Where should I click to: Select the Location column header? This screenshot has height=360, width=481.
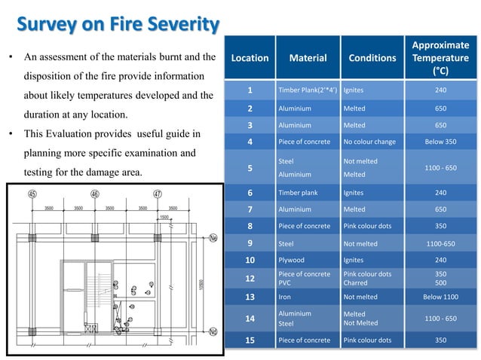click(250, 57)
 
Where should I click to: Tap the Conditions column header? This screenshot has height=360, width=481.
click(372, 57)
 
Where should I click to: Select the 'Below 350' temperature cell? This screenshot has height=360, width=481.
click(440, 140)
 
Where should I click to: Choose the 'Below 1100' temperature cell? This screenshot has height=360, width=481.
click(440, 297)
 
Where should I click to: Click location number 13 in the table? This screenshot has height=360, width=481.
click(250, 297)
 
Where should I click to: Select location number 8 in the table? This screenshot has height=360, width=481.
click(250, 225)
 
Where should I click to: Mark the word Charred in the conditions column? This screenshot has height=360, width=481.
click(356, 284)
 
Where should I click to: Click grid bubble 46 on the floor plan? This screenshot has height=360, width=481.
click(95, 194)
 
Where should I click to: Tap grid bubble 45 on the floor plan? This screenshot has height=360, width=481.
click(33, 194)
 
